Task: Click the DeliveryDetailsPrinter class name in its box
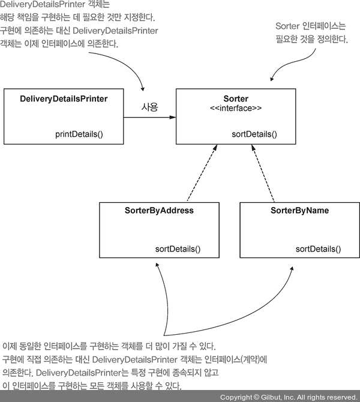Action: (64, 98)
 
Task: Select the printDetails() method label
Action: (79, 134)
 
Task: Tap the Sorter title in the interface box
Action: (236, 98)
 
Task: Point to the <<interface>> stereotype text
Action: (236, 109)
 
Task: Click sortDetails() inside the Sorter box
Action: (254, 134)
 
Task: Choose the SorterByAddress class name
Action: (159, 211)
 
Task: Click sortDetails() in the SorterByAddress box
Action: (178, 249)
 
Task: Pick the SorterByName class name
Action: (299, 211)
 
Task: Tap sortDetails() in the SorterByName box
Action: (318, 249)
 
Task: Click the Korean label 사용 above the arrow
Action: (149, 107)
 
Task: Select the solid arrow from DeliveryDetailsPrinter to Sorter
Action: (150, 118)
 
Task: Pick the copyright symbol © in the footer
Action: (256, 397)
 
